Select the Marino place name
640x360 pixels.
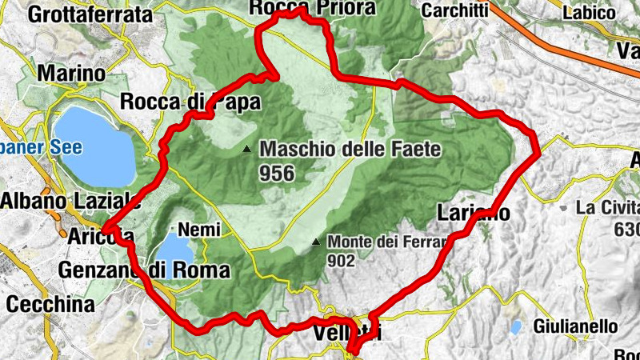point(71,74)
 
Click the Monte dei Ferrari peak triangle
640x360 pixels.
point(317,241)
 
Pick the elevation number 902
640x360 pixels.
point(342,259)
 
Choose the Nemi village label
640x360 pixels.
point(195,229)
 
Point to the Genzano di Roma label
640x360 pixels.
point(144,270)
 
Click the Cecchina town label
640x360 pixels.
point(50,305)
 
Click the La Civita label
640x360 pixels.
point(608,208)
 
